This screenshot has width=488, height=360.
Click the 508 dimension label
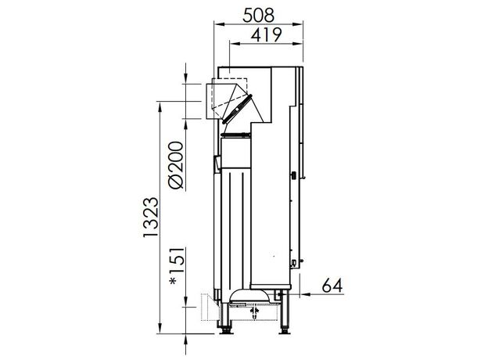tap(258, 15)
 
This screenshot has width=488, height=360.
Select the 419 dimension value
tap(267, 34)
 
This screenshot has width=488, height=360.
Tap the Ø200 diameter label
tap(175, 165)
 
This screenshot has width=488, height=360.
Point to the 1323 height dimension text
tap(151, 217)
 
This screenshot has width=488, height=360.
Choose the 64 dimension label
tap(332, 285)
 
